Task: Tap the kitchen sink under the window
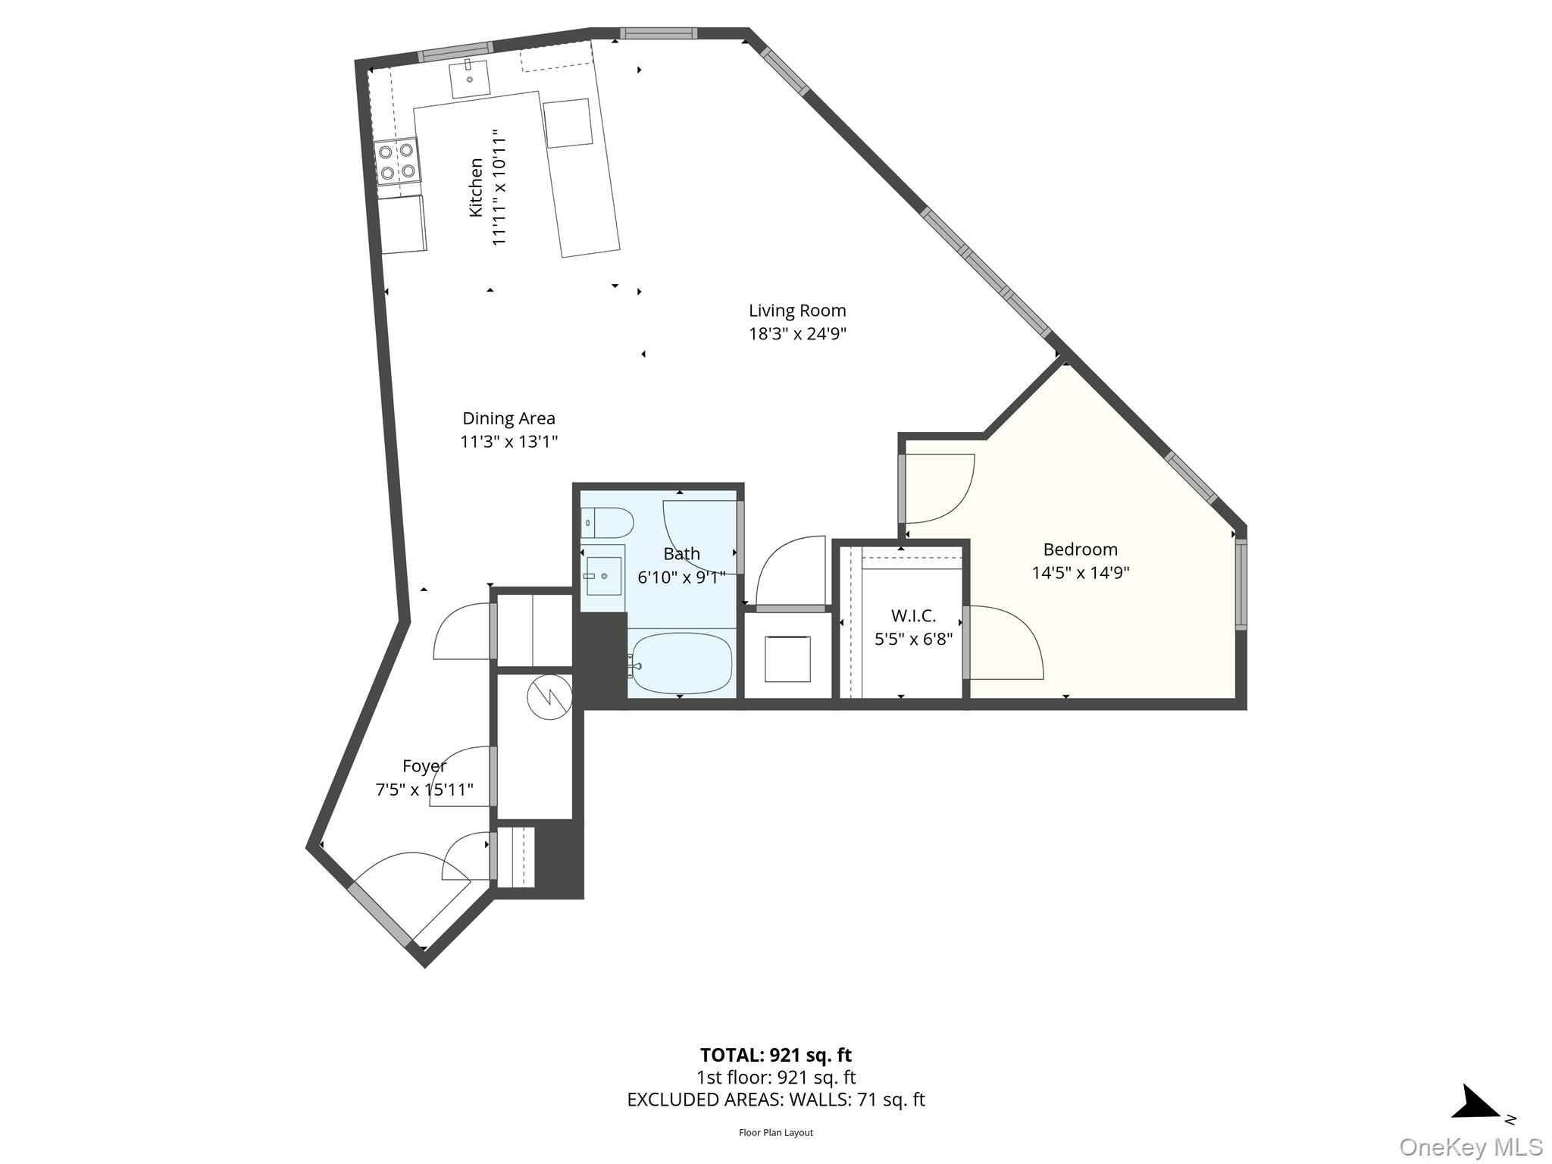469,79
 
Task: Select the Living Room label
797,311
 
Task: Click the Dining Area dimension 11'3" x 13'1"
508,442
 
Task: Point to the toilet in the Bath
608,522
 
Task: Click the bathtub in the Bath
681,663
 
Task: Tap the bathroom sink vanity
603,575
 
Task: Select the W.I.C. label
913,615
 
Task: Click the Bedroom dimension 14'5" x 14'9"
1080,573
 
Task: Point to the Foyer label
424,766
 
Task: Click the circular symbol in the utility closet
549,696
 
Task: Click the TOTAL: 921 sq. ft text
775,1055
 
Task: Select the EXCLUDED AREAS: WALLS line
775,1100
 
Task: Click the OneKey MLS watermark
1470,1147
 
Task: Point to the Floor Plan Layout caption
775,1133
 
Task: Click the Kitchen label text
476,187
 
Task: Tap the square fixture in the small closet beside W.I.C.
787,659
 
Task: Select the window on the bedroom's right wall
1241,584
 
